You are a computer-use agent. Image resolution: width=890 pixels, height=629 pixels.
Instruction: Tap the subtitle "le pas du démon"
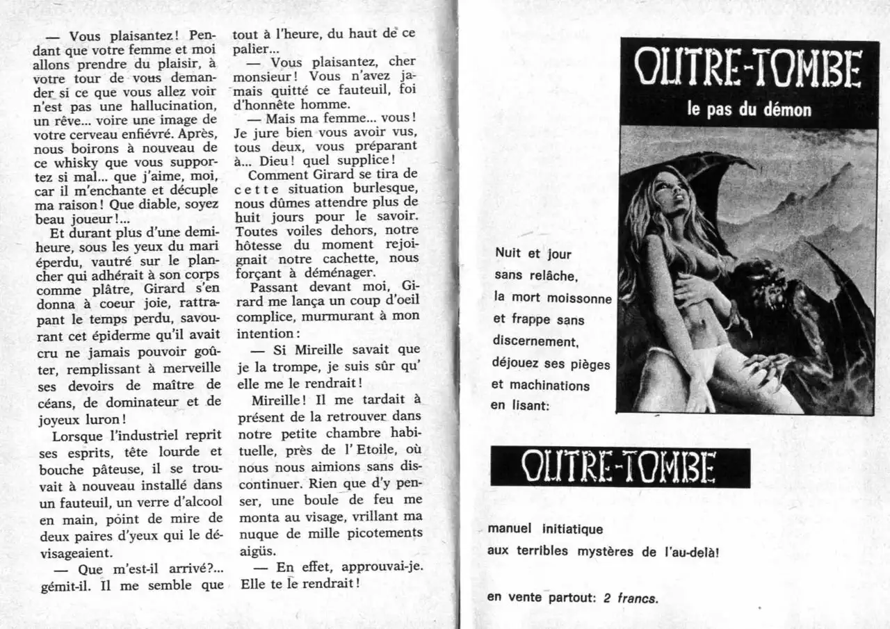(748, 110)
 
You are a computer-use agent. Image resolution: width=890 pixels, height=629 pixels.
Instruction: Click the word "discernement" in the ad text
(535, 341)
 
